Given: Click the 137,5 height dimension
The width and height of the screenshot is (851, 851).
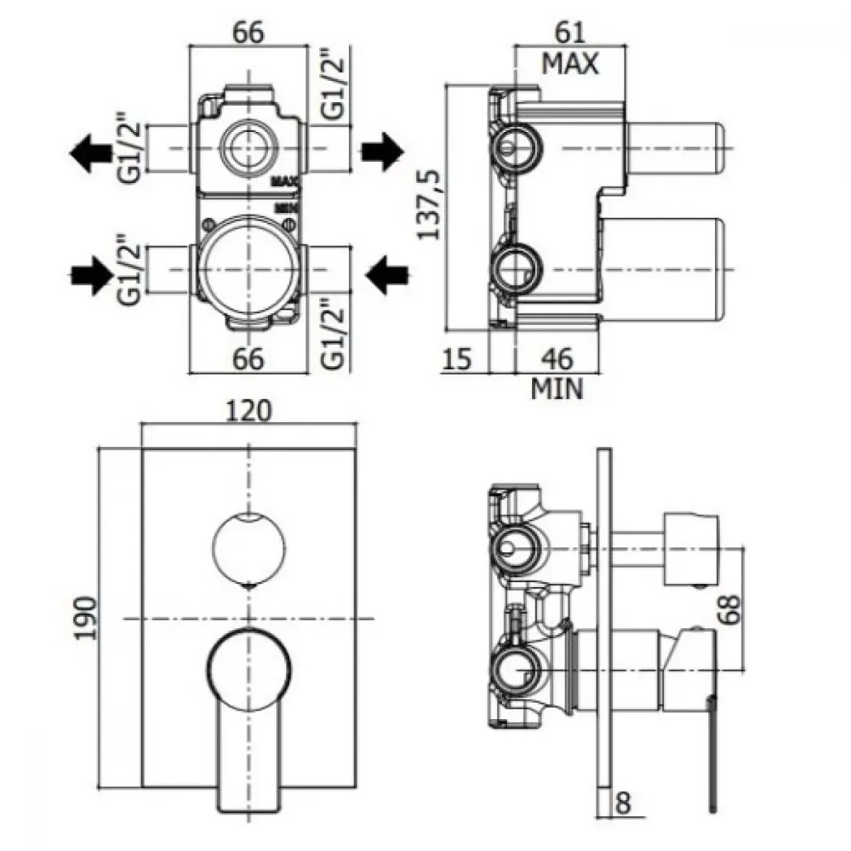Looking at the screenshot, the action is point(429,204).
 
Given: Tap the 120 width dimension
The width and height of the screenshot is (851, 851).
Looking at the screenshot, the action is point(248,410).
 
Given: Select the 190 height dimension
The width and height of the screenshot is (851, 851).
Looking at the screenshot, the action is point(86,618).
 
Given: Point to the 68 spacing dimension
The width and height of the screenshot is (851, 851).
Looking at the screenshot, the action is point(731,609).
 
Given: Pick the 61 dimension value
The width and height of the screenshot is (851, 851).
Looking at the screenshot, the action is point(570,32).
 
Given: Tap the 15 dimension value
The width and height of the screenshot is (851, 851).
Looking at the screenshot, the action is point(457,359).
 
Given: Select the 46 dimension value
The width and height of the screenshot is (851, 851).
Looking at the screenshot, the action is point(557,359).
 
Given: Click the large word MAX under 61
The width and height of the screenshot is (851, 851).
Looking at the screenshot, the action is point(570,64).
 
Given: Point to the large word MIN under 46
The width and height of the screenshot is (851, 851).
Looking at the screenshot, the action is point(557,389).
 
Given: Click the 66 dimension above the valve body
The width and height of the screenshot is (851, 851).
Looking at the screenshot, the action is point(248,32).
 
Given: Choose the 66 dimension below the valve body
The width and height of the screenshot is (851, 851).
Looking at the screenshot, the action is point(248,359).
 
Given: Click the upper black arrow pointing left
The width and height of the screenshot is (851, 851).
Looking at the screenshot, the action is point(91,152).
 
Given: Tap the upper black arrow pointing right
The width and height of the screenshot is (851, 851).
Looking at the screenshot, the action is point(383,151).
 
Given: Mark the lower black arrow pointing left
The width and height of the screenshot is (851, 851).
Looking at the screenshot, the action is point(387,275).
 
